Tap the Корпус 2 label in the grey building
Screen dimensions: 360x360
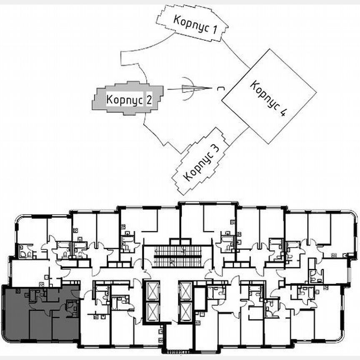[x=128, y=100]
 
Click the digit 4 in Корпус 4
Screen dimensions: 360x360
[x=284, y=112]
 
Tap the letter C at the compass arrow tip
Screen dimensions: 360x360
[x=219, y=88]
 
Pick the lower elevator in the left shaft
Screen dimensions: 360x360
[x=152, y=312]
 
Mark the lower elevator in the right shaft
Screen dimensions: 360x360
[x=185, y=312]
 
